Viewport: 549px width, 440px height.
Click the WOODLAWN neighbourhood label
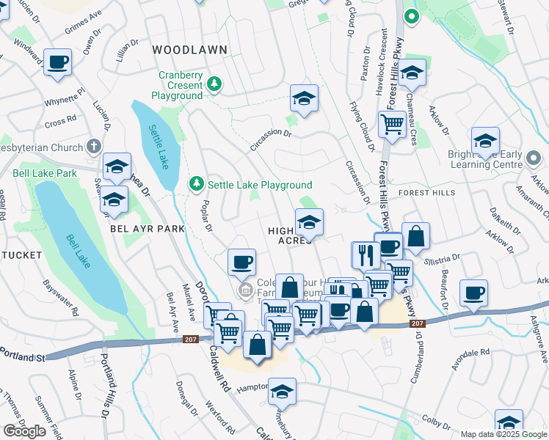pos(190,50)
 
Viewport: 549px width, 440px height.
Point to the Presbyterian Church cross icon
pos(93,147)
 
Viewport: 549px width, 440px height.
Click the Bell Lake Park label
pos(45,174)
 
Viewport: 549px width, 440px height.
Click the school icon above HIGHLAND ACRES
pos(309,221)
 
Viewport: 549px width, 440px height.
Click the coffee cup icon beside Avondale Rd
pos(473,292)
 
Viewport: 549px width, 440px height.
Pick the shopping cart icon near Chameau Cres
pos(393,124)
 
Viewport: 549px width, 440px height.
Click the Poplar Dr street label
pos(207,217)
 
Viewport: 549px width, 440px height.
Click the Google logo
pos(24,431)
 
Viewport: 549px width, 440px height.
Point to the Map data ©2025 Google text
pos(503,434)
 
